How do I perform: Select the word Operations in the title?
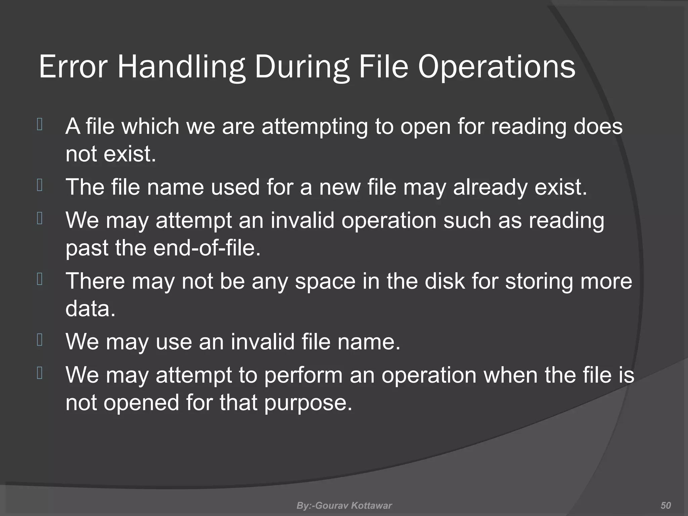coord(497,67)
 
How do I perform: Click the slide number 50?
coord(665,505)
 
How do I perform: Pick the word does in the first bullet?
coord(598,126)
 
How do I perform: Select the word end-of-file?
coord(207,248)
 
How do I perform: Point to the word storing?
coord(539,282)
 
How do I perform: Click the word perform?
coord(303,376)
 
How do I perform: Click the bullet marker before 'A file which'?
coord(40,125)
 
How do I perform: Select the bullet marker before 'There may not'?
coord(40,279)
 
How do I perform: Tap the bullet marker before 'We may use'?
coord(40,340)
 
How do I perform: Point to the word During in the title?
coord(302,67)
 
